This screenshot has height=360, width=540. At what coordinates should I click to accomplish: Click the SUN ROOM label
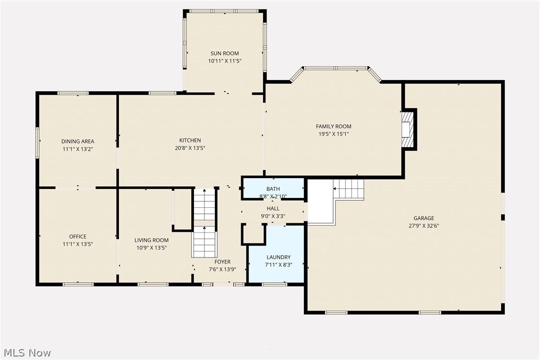click(x=224, y=54)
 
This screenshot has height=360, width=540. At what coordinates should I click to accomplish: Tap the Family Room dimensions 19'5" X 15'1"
click(x=333, y=134)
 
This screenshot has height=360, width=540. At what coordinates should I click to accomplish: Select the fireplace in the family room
click(x=408, y=130)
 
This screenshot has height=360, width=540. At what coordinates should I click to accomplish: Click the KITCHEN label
click(x=190, y=141)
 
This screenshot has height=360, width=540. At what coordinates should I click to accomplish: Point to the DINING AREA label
click(x=78, y=142)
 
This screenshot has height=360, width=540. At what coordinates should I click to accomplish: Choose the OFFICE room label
click(x=78, y=237)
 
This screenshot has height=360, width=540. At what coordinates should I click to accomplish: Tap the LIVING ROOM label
click(x=152, y=241)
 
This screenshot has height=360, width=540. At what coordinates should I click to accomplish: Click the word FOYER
click(x=222, y=262)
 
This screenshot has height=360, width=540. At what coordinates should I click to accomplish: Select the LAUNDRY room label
click(x=278, y=258)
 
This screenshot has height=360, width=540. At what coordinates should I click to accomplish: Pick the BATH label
click(x=273, y=189)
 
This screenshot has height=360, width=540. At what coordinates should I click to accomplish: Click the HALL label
click(x=273, y=209)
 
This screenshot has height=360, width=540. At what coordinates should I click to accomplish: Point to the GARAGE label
click(x=424, y=218)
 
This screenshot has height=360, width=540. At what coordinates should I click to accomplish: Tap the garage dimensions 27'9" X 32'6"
click(x=424, y=226)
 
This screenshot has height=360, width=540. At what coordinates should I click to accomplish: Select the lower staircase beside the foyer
click(x=204, y=242)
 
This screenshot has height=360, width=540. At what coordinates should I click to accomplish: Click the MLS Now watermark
click(x=26, y=353)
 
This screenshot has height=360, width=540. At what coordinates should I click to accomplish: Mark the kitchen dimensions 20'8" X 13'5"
click(x=190, y=148)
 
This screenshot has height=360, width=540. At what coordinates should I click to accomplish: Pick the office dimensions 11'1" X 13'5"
click(x=78, y=244)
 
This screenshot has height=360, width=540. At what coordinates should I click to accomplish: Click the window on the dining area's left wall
click(x=37, y=143)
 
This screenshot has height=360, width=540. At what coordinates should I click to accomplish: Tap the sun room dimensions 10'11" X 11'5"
click(x=224, y=61)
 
